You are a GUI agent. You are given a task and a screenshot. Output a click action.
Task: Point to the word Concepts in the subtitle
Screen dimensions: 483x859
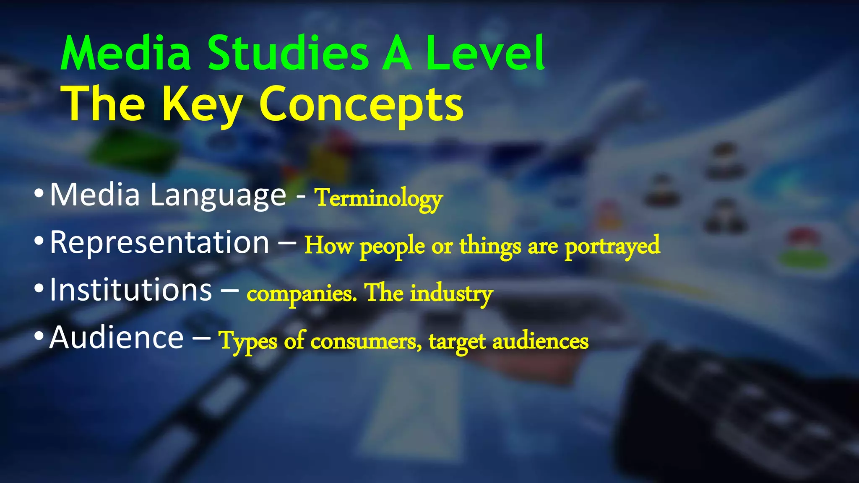[361, 105]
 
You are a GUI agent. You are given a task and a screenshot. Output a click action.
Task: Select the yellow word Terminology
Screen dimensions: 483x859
[379, 198]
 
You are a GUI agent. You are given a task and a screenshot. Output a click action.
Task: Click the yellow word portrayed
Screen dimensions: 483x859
[612, 247]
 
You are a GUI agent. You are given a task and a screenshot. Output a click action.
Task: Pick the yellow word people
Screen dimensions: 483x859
[392, 247]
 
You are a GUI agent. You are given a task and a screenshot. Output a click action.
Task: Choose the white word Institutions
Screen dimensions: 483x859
[131, 290]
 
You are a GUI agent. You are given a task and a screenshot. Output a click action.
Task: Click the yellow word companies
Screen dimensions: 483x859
[302, 293]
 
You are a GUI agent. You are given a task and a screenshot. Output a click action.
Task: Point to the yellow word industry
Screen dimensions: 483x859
[451, 293]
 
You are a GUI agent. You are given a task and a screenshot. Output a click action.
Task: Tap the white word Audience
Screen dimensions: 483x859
[117, 338]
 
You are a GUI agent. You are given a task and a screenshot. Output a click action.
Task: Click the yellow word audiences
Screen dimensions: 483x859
[540, 341]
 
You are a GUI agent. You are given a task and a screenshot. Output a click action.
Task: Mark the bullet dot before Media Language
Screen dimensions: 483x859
[39, 194]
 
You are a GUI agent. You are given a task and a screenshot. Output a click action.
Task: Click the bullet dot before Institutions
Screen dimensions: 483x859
[39, 288]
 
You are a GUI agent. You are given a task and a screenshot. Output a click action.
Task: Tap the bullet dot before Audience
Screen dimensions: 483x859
[39, 336]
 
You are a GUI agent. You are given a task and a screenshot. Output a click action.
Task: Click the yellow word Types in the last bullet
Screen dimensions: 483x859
[248, 341]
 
